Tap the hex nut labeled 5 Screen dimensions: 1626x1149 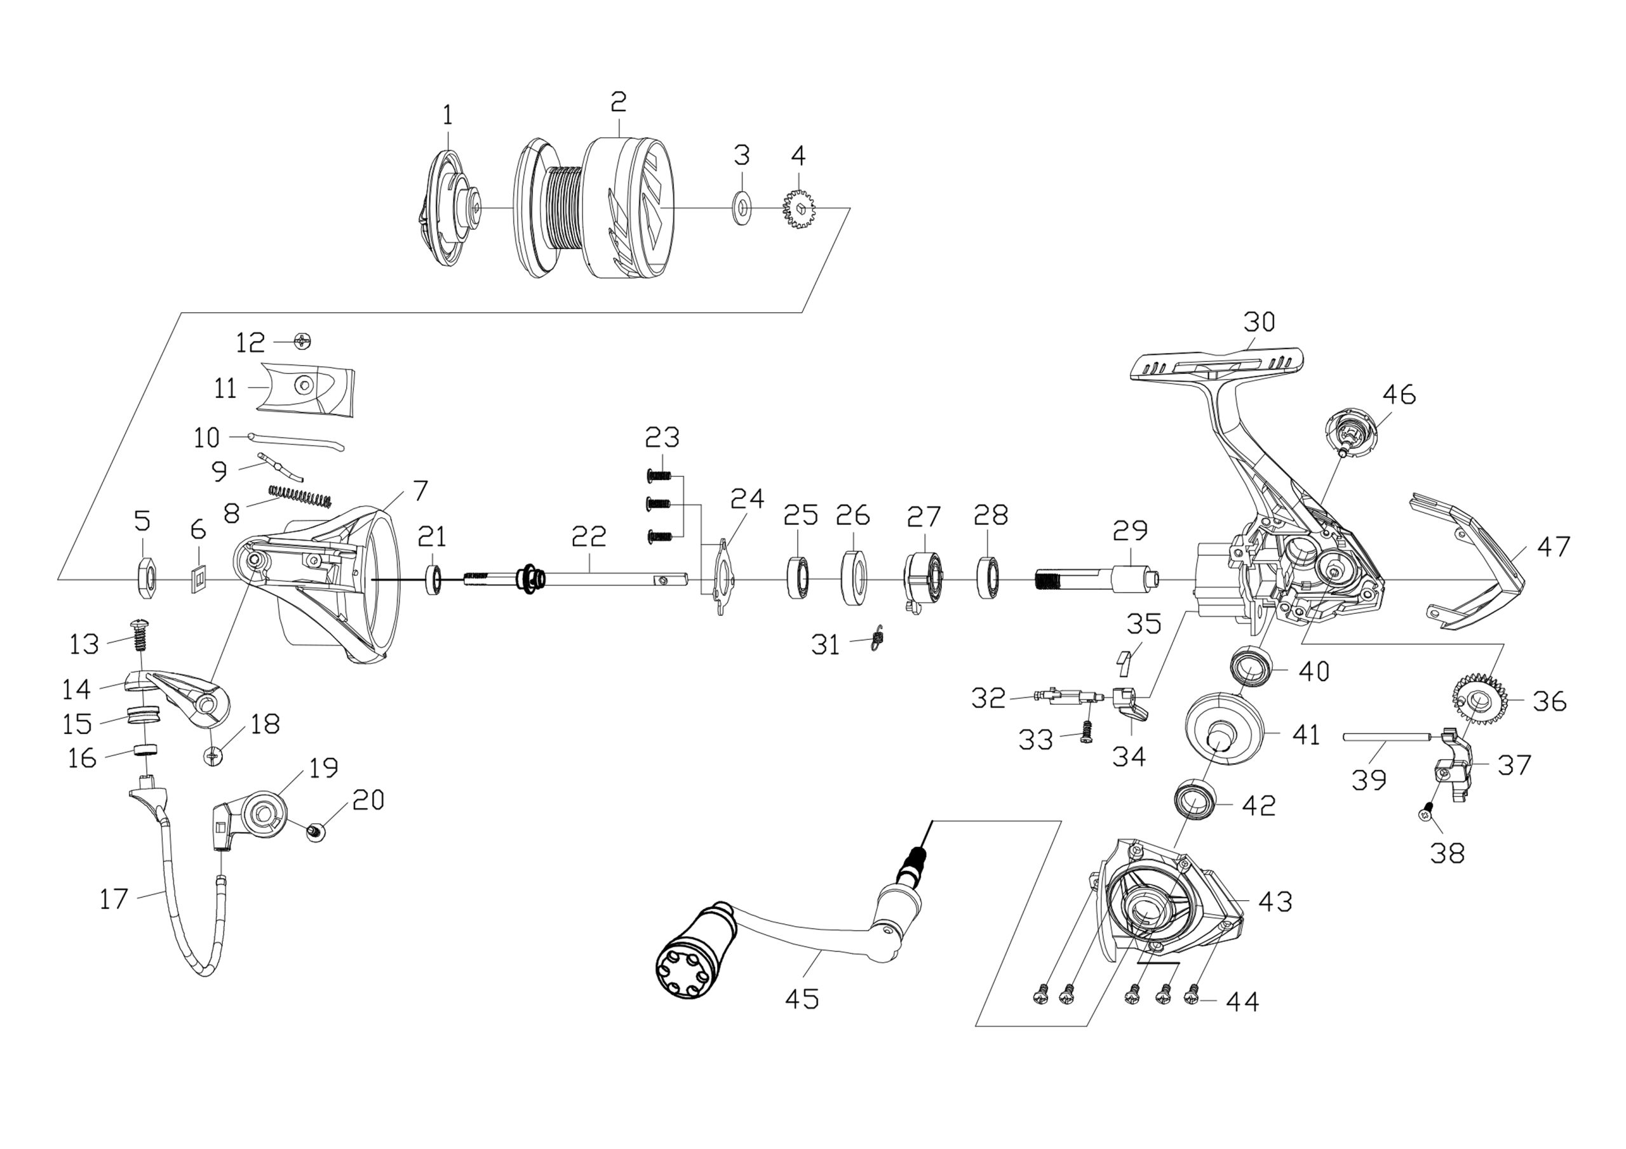click(x=146, y=578)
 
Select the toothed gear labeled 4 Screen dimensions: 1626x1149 click(x=800, y=208)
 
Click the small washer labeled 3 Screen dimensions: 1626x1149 click(x=741, y=208)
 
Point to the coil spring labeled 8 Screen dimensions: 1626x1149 click(x=300, y=496)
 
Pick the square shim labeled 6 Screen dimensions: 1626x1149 click(x=199, y=579)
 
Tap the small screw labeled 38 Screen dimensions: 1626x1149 click(x=1427, y=812)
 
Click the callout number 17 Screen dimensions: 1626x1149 click(x=114, y=899)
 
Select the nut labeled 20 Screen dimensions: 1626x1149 click(x=314, y=832)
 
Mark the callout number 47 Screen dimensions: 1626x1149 click(x=1554, y=547)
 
